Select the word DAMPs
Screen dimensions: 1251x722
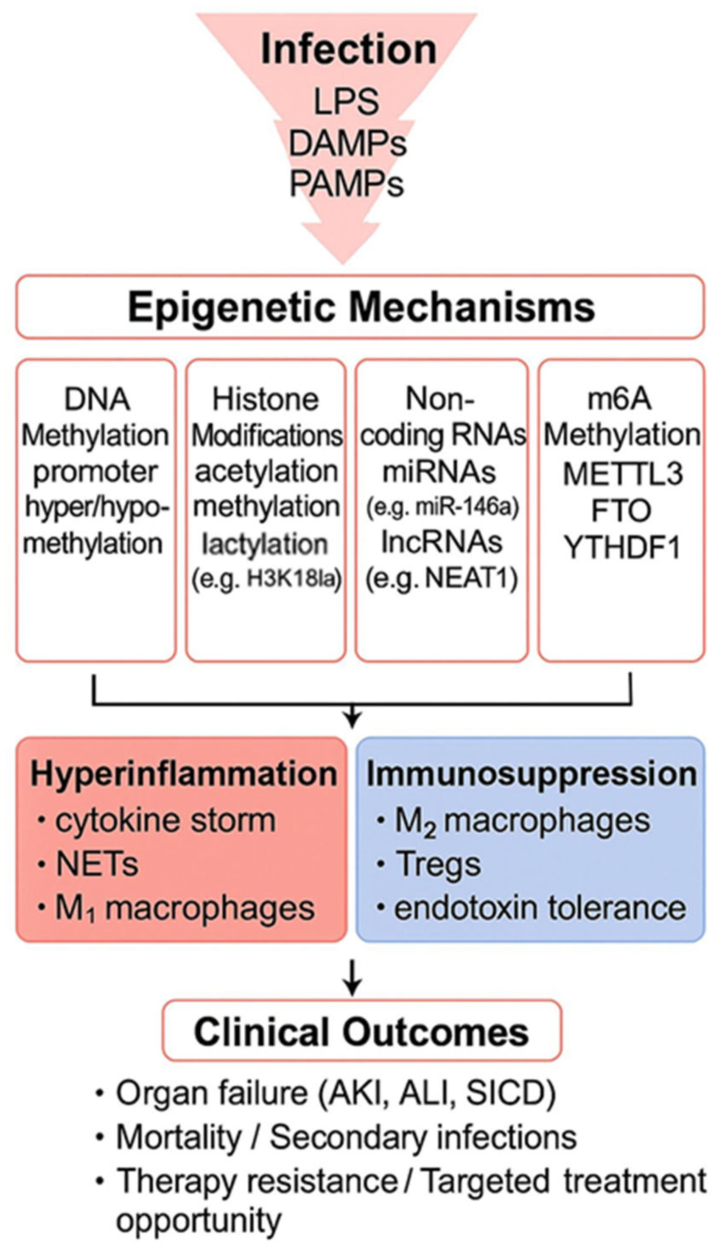tap(347, 144)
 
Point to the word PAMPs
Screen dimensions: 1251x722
tap(346, 184)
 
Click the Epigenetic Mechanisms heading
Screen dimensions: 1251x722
tap(361, 308)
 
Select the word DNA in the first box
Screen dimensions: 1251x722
tap(97, 399)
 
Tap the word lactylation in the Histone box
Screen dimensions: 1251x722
tap(265, 544)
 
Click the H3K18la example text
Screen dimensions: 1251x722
tap(294, 579)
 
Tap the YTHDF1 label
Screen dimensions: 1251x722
tap(622, 548)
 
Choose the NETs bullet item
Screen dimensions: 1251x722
tap(97, 864)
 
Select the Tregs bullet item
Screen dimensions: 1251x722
tap(437, 864)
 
